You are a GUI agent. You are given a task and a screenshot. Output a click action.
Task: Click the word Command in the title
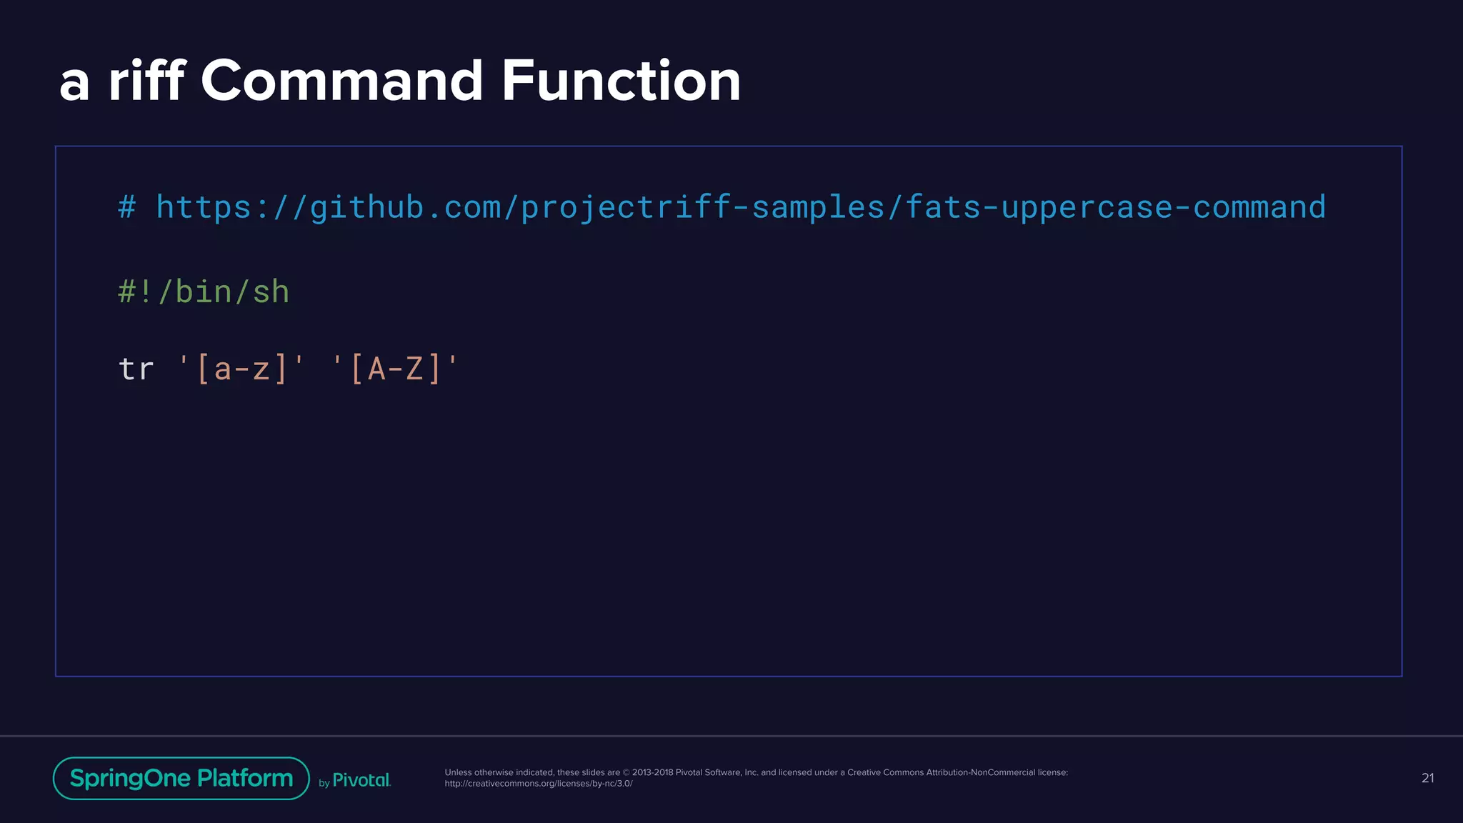click(342, 81)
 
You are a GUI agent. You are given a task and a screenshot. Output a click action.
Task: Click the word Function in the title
click(621, 81)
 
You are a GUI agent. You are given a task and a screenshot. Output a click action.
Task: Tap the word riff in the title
click(146, 81)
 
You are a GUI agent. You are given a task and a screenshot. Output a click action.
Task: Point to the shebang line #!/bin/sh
click(204, 292)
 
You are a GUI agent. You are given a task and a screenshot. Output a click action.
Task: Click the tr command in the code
click(136, 369)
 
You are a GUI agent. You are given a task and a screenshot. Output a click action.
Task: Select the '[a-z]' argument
click(241, 369)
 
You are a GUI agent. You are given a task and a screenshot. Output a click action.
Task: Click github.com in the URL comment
click(405, 207)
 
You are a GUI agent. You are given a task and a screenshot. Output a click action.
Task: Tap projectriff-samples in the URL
click(703, 207)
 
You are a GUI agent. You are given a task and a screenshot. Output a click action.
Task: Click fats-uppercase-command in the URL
click(1115, 207)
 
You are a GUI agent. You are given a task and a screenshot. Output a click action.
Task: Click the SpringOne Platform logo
click(181, 778)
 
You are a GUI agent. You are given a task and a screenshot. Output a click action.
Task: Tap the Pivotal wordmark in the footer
click(361, 780)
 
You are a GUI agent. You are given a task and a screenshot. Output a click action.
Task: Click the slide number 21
click(1427, 778)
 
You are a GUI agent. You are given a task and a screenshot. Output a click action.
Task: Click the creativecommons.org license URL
click(539, 784)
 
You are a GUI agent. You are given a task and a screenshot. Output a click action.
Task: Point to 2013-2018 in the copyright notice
click(652, 772)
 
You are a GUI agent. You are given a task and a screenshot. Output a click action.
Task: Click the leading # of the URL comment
click(127, 207)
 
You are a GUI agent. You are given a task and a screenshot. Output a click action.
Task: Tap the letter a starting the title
click(74, 84)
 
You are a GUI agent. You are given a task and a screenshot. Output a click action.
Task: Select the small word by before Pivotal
click(324, 783)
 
